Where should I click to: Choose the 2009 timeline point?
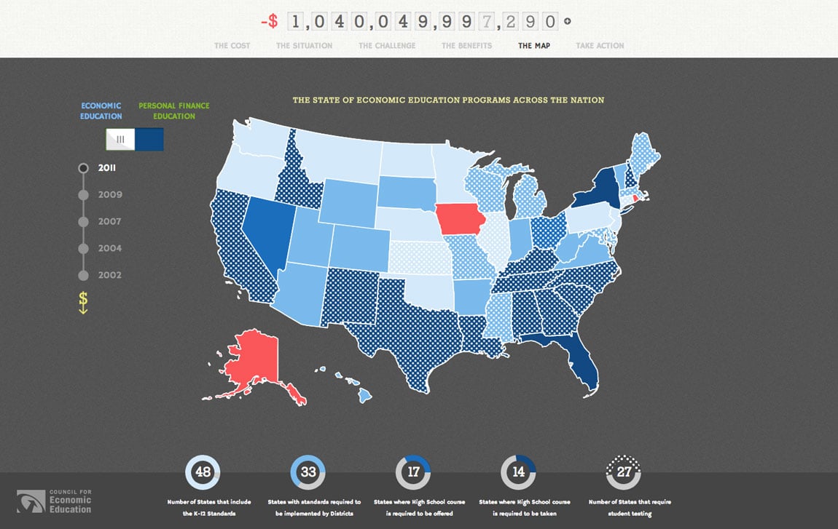(83, 195)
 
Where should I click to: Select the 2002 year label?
(110, 275)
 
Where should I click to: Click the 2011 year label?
(107, 168)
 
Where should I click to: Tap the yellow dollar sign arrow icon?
(83, 302)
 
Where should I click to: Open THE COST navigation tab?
(232, 46)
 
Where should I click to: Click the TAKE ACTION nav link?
(600, 46)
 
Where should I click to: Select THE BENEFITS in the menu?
(466, 46)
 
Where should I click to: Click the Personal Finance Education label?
(173, 111)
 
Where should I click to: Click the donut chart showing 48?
(203, 472)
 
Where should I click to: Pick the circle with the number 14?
(518, 472)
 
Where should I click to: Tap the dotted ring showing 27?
(623, 472)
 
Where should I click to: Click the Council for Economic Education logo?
(55, 501)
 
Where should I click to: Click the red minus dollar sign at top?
(269, 21)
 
